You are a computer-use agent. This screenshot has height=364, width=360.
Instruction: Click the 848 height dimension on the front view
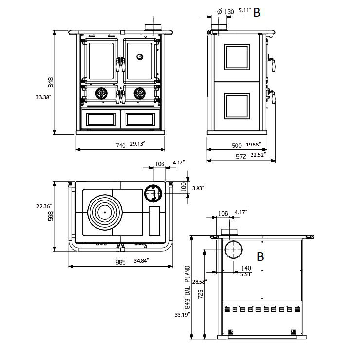click(51, 82)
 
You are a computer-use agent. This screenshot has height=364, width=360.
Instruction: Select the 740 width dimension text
click(121, 146)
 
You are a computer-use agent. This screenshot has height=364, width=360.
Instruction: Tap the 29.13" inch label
click(137, 144)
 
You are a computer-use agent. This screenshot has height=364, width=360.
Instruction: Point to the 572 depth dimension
click(241, 157)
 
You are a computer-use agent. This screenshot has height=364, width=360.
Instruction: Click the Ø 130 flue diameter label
click(226, 12)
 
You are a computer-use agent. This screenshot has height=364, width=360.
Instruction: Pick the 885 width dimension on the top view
click(121, 262)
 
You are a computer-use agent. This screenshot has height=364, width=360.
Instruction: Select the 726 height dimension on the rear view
click(201, 294)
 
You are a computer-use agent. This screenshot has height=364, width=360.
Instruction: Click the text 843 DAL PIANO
click(188, 287)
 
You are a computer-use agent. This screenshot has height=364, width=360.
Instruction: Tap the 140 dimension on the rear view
click(246, 268)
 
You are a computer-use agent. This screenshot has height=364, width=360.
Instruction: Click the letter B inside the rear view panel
click(260, 256)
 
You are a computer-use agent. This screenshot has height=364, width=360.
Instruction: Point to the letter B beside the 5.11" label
click(257, 12)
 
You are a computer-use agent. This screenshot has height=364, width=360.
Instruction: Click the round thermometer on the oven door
click(140, 56)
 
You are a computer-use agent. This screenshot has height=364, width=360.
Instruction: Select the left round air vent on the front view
click(101, 93)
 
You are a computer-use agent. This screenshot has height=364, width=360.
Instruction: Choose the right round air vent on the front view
click(140, 93)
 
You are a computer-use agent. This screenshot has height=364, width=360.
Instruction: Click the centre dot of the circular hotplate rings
click(105, 212)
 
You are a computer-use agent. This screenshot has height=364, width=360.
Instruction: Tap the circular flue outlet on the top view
click(153, 193)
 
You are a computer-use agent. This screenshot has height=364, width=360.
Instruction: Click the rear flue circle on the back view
click(233, 250)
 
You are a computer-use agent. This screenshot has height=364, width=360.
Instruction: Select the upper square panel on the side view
click(237, 57)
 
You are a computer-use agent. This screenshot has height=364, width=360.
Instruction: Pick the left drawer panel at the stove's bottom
click(101, 120)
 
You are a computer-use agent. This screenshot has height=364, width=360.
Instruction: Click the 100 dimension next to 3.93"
click(183, 186)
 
